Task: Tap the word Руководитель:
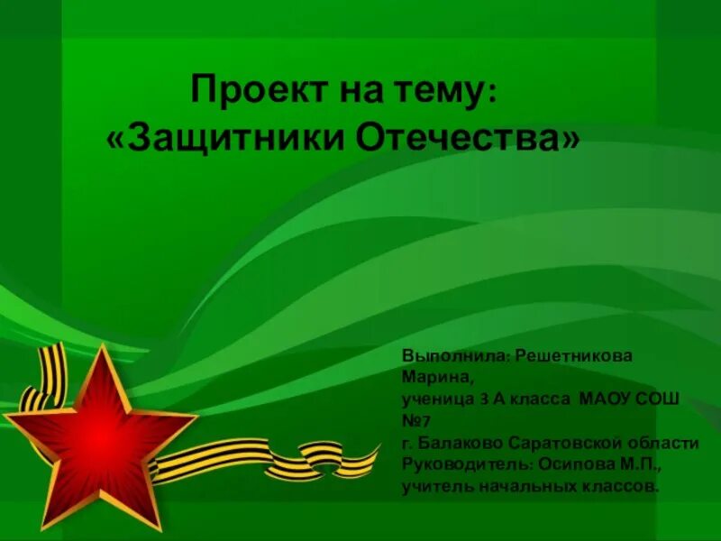click(462, 464)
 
